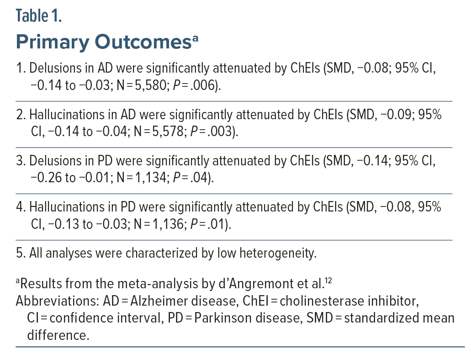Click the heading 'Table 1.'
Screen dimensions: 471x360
(39, 16)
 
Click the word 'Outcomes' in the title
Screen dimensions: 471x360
(143, 42)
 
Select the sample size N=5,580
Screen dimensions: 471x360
(142, 85)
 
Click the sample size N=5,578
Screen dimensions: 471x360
(159, 132)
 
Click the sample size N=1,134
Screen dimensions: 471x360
(142, 178)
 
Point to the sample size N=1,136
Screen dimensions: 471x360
(159, 224)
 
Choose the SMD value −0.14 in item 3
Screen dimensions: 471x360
(374, 161)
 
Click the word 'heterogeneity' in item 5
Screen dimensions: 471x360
(278, 254)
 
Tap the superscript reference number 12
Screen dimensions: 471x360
(328, 281)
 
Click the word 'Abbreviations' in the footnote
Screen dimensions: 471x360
(58, 301)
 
